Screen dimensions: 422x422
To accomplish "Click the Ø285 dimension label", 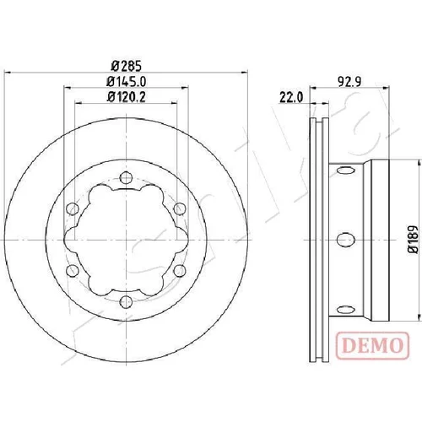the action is tap(126, 67).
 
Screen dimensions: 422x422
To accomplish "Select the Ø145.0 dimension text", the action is tap(127, 82).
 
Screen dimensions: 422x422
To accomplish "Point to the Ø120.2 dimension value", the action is tap(127, 97).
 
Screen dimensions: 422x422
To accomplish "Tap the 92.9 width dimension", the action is tap(349, 82).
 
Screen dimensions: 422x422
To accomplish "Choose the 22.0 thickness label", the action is tap(291, 97).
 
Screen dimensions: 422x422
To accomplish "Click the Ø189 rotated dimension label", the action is tap(413, 240).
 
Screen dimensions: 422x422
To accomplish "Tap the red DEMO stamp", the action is tap(372, 345).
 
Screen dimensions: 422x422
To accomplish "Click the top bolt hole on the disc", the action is tap(126, 177).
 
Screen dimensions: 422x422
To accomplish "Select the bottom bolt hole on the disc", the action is tap(126, 302).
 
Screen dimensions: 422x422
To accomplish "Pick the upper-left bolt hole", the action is tap(72, 208).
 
